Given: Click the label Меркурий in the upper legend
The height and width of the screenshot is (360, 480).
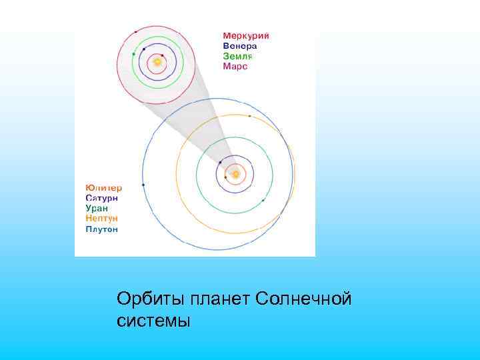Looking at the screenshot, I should point(245,36).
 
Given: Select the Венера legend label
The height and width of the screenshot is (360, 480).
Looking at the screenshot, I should point(239,46).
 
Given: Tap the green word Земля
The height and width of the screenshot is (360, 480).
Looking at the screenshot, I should point(237,57).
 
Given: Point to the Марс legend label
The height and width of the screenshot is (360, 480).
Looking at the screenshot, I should point(235,67).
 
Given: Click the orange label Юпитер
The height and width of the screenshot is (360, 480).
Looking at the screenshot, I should point(103,187).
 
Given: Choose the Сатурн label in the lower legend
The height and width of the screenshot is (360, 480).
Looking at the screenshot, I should point(102,198).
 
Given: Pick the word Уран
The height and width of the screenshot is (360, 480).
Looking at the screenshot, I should point(97,208).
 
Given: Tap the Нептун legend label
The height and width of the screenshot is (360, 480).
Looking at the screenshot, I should point(102,218).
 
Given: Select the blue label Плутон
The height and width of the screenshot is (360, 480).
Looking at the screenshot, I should point(102,229).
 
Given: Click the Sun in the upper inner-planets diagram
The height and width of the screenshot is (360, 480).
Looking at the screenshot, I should point(157,62).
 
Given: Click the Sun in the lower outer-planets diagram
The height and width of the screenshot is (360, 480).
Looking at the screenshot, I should point(235,175).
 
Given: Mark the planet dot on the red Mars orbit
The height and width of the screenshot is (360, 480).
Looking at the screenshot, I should point(136,31).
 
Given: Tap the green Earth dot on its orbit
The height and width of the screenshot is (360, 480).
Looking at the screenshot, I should point(134,53).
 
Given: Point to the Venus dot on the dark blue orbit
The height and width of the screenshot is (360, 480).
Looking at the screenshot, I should point(144,49).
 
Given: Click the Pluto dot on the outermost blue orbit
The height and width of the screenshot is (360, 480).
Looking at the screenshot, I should point(144,185).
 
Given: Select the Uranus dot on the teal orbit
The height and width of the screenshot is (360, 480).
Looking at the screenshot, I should point(264,200).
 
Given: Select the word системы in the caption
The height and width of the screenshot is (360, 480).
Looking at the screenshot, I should point(153,321).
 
